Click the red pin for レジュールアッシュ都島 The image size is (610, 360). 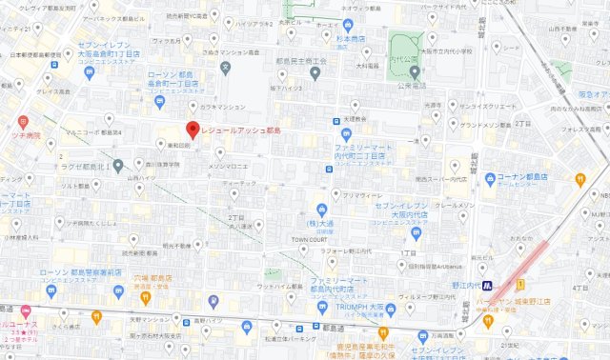192,130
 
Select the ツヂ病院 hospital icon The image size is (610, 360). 24,123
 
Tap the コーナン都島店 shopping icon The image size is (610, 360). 489,178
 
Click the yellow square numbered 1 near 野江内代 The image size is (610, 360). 520,285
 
